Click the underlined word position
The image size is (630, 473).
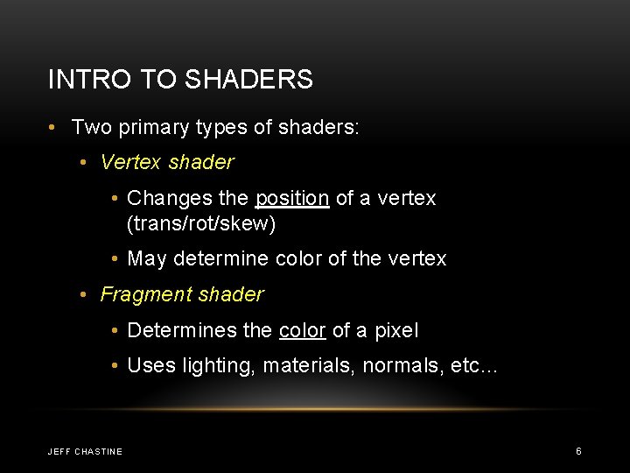point(292,198)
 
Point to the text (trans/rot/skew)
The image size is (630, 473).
point(201,223)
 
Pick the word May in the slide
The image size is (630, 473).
point(147,258)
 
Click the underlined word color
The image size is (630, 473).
point(302,330)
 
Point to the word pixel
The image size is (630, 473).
point(396,330)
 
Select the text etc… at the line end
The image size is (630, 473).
point(473,365)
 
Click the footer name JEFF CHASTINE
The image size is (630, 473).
point(85,451)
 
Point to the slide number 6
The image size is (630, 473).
point(578,450)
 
